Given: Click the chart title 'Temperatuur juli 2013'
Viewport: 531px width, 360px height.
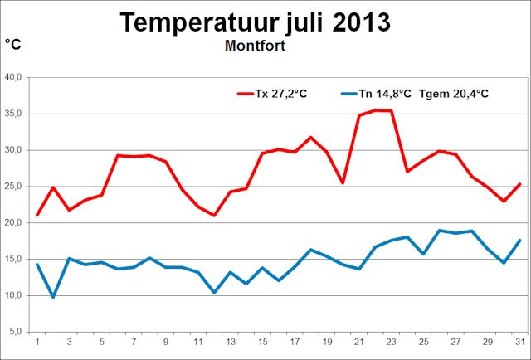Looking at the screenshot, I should (255, 22).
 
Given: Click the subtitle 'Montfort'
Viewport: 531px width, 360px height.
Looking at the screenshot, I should (255, 46).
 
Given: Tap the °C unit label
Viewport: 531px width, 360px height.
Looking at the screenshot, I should (13, 44).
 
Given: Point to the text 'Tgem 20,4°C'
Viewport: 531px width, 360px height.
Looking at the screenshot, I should (454, 94).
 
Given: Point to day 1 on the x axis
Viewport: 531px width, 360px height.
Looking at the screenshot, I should (37, 342).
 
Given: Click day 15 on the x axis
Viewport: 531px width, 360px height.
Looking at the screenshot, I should (263, 342).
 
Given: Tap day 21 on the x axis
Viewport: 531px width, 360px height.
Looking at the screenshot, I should (359, 342).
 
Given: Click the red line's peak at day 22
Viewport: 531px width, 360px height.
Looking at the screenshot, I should (376, 110).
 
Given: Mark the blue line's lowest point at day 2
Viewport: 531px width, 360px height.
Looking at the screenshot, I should (53, 297).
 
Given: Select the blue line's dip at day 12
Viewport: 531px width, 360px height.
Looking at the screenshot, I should (214, 292).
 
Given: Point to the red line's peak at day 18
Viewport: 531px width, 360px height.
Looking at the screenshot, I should (311, 138).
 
